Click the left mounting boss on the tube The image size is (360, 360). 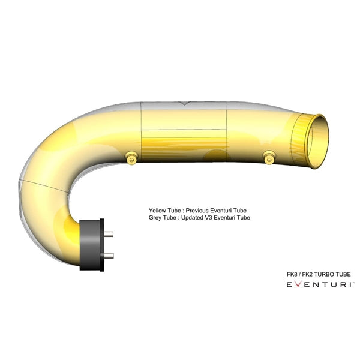tap(131, 157)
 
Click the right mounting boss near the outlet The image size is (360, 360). tap(269, 157)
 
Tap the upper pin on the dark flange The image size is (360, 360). tap(108, 234)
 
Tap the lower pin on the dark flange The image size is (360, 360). tap(109, 255)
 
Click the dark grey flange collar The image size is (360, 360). tap(92, 245)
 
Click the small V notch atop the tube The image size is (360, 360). tap(184, 103)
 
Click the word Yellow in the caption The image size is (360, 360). tap(157, 211)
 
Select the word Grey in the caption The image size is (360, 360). tap(155, 218)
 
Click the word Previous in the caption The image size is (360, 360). tap(197, 211)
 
